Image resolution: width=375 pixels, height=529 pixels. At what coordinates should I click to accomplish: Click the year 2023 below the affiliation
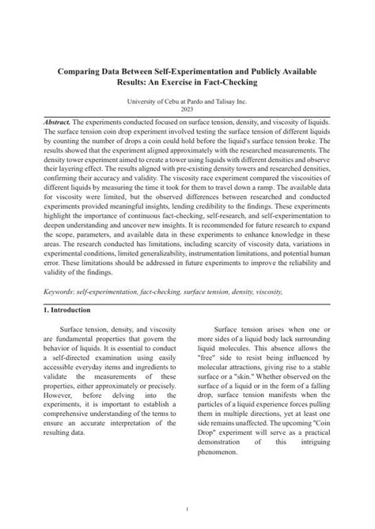tap(187, 110)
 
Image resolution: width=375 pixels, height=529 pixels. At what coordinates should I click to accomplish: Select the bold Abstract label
tap(57, 123)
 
